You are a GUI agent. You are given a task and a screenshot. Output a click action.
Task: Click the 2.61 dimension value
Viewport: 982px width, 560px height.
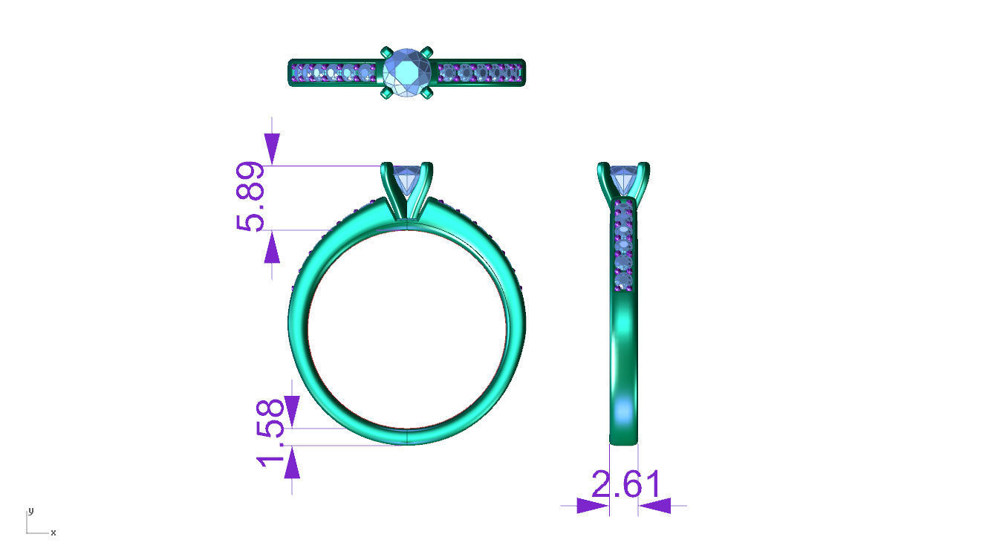click(x=626, y=485)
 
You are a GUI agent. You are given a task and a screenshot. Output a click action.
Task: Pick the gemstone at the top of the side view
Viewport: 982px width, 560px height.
click(x=623, y=180)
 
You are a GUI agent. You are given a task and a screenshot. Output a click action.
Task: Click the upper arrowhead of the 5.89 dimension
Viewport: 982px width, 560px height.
click(x=272, y=149)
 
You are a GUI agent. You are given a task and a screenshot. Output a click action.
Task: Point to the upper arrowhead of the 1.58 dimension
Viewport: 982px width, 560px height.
click(x=291, y=411)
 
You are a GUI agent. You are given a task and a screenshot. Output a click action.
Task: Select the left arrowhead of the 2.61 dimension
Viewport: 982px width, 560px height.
click(x=592, y=506)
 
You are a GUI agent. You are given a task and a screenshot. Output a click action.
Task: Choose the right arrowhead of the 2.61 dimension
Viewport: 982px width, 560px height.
click(x=654, y=506)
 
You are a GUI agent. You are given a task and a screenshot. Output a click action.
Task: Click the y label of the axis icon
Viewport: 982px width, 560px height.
click(x=30, y=511)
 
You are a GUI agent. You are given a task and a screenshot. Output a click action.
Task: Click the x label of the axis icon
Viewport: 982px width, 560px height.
click(x=53, y=533)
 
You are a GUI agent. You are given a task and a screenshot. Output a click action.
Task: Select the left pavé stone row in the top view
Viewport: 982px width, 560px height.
click(x=334, y=73)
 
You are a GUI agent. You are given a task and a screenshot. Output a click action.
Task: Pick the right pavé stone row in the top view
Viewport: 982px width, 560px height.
click(x=481, y=72)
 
